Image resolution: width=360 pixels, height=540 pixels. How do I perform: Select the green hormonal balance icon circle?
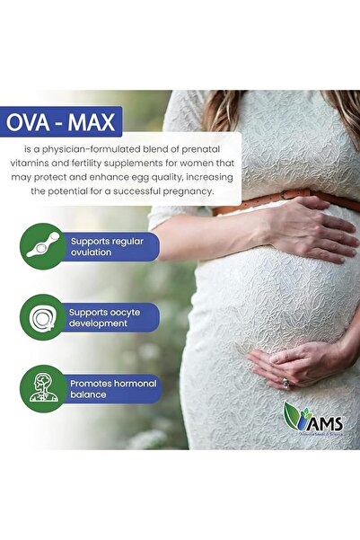point(42,388)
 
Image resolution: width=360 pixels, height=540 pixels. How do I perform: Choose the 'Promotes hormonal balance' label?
point(113,389)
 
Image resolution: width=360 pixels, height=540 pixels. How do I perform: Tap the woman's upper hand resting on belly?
point(310,230)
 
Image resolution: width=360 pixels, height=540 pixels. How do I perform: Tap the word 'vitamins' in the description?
point(51,163)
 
